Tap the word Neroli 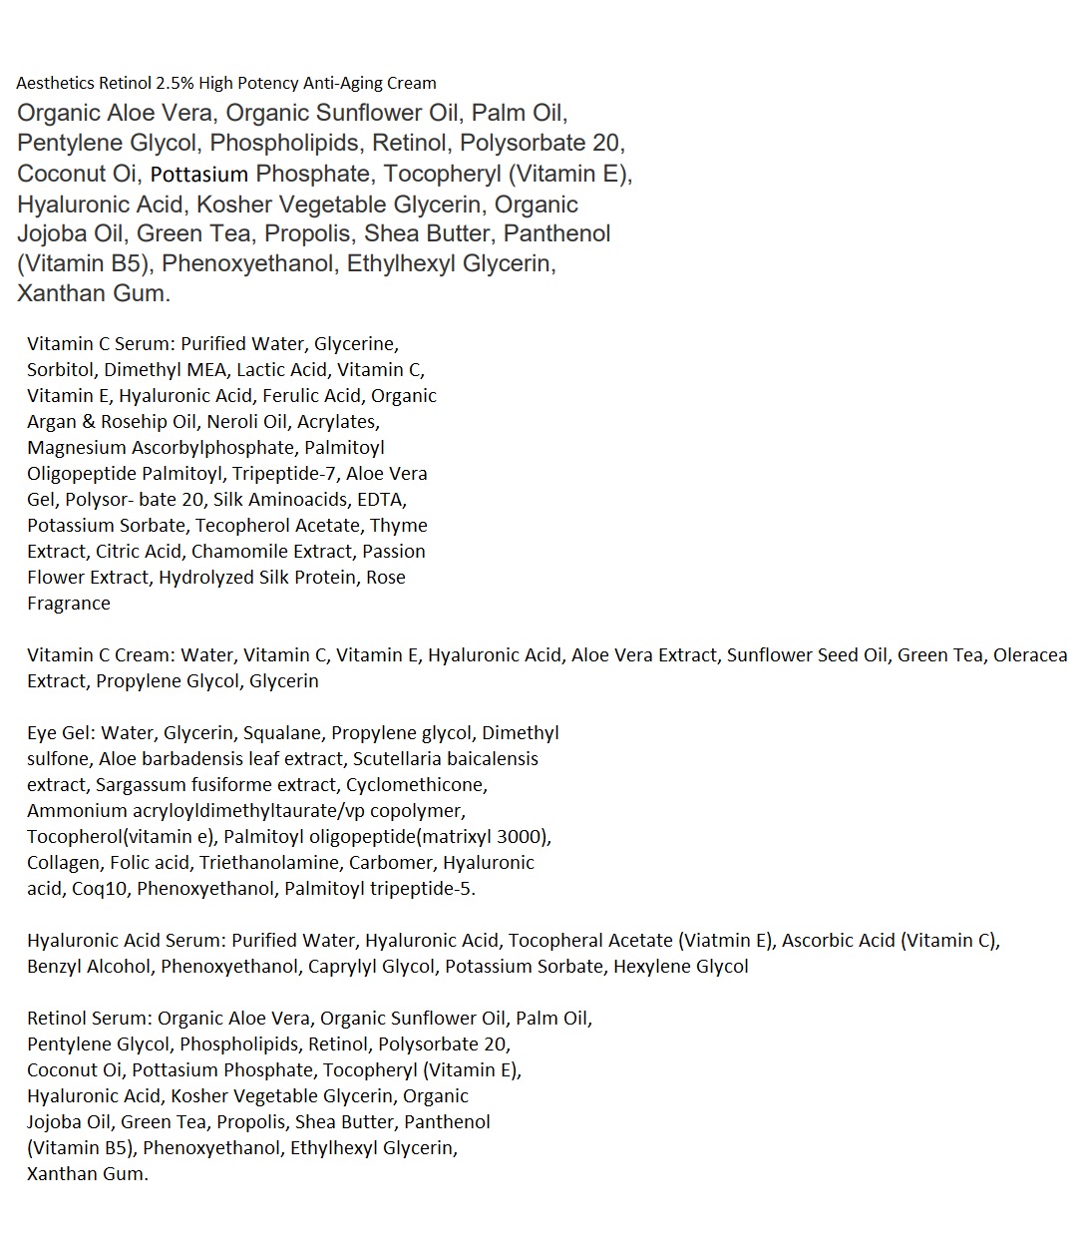click(x=231, y=421)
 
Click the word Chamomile click(x=240, y=551)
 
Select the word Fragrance click(x=69, y=603)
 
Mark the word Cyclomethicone click(x=416, y=784)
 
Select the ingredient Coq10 click(x=100, y=888)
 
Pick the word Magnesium click(x=77, y=447)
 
